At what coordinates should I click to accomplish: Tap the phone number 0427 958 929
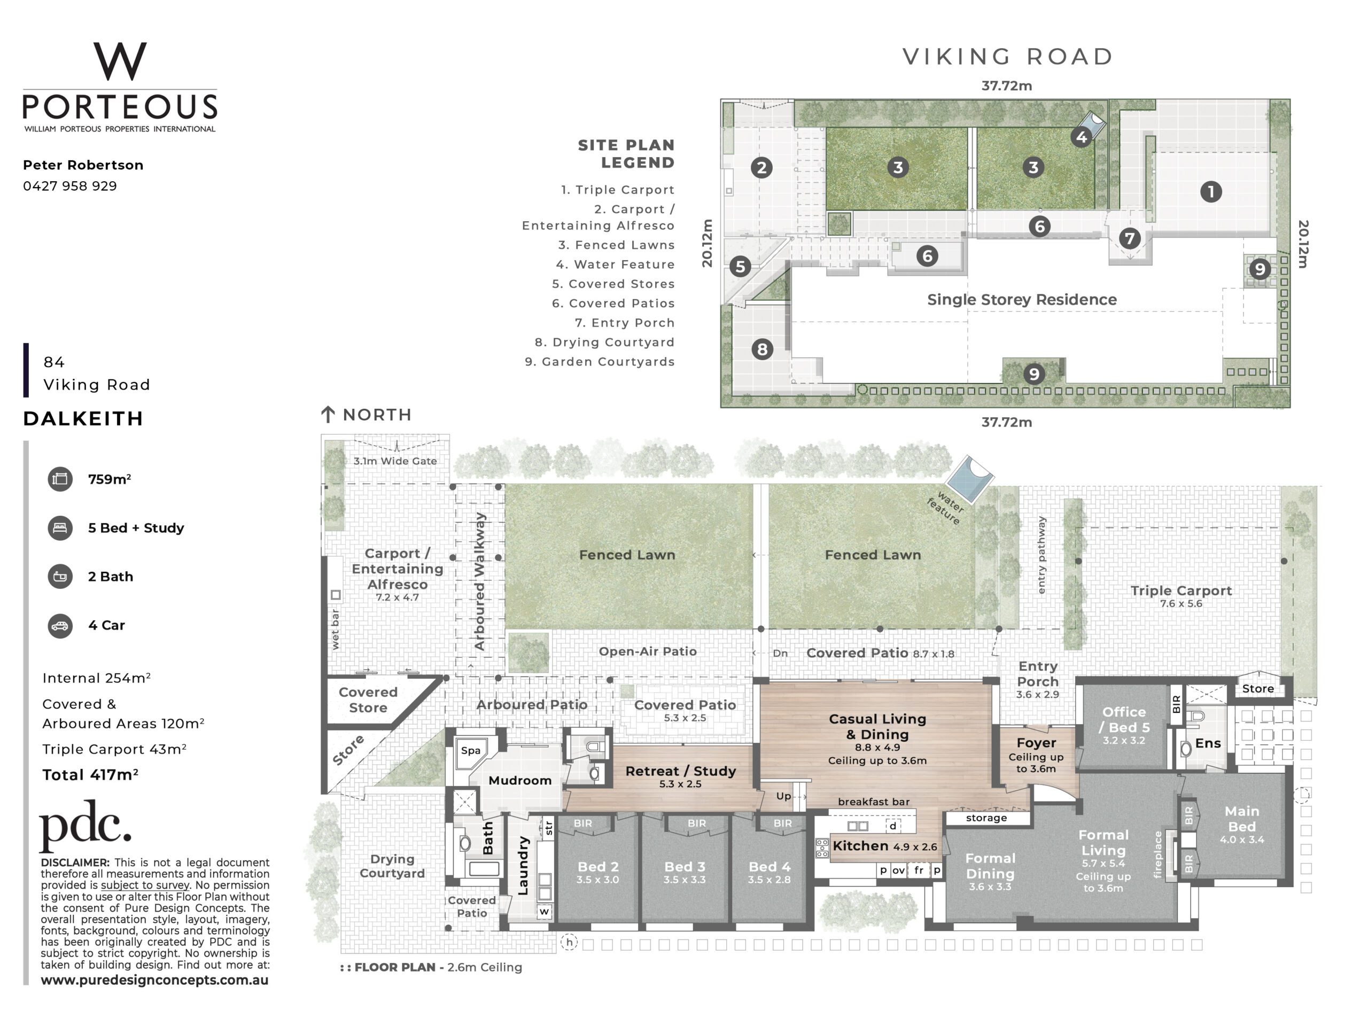tap(70, 186)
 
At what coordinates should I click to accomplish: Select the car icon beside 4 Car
tap(60, 625)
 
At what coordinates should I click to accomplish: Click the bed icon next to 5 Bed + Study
tap(60, 528)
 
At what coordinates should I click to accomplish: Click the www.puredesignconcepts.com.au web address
tap(154, 980)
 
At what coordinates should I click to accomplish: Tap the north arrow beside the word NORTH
tap(328, 414)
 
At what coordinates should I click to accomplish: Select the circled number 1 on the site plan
tap(1211, 192)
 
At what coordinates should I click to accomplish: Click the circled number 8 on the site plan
tap(763, 349)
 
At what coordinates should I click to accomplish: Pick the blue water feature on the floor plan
tap(970, 479)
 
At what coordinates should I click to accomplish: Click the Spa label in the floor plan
tap(471, 750)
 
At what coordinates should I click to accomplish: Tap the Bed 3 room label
tap(685, 867)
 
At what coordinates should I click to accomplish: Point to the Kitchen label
tap(860, 845)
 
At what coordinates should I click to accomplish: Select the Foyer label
tap(1037, 743)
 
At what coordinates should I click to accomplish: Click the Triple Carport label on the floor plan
tap(1181, 590)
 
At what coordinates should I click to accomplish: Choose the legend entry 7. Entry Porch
tap(625, 323)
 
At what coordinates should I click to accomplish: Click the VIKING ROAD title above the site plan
tap(1007, 56)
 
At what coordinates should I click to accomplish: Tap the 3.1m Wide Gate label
tap(395, 461)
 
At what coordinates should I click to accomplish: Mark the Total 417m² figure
tap(90, 775)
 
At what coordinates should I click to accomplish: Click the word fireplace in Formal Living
tap(1159, 854)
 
